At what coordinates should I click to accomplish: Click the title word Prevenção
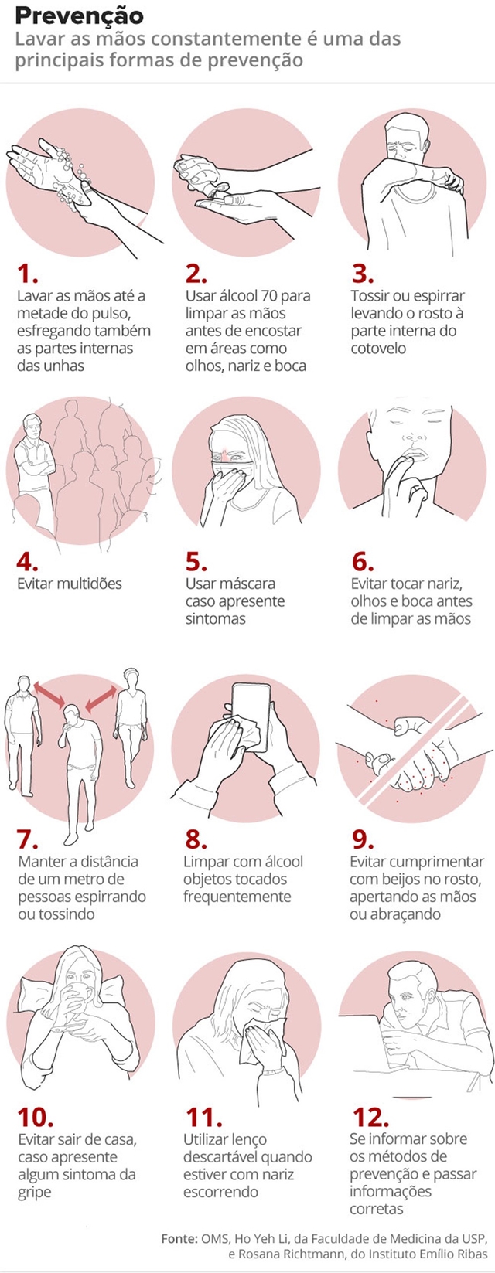coord(79,15)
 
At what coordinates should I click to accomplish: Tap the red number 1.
coord(27,274)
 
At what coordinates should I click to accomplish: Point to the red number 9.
coord(363,839)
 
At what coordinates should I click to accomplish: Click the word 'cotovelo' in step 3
coord(378,349)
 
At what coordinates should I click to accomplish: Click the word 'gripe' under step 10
coord(36,1193)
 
